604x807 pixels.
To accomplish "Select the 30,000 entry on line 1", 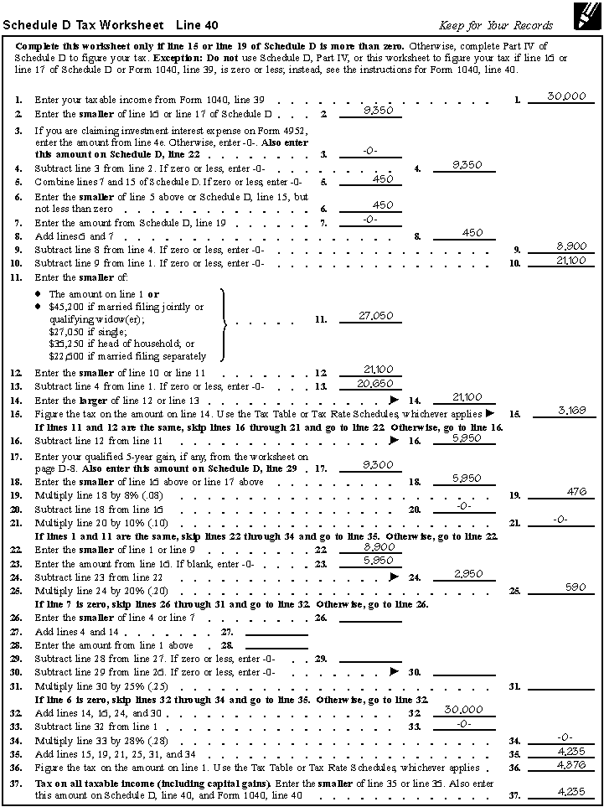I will (x=566, y=96).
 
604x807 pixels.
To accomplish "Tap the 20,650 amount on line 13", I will (x=370, y=383).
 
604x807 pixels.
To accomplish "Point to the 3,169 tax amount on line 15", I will (x=571, y=410).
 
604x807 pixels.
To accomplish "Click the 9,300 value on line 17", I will (x=370, y=464).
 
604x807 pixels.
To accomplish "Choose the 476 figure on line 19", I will (x=576, y=492).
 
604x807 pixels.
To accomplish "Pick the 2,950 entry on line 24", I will (x=468, y=573).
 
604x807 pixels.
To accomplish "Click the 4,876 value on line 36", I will (x=570, y=764).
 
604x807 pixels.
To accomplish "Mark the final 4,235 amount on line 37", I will (x=570, y=791).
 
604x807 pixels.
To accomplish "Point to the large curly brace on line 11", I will (x=225, y=323).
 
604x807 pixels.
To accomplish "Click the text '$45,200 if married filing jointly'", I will (x=126, y=307).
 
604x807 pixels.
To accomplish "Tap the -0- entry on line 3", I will (x=370, y=151).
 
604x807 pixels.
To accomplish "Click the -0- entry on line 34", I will (x=565, y=737).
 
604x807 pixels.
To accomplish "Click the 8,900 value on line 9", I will (x=571, y=246).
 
